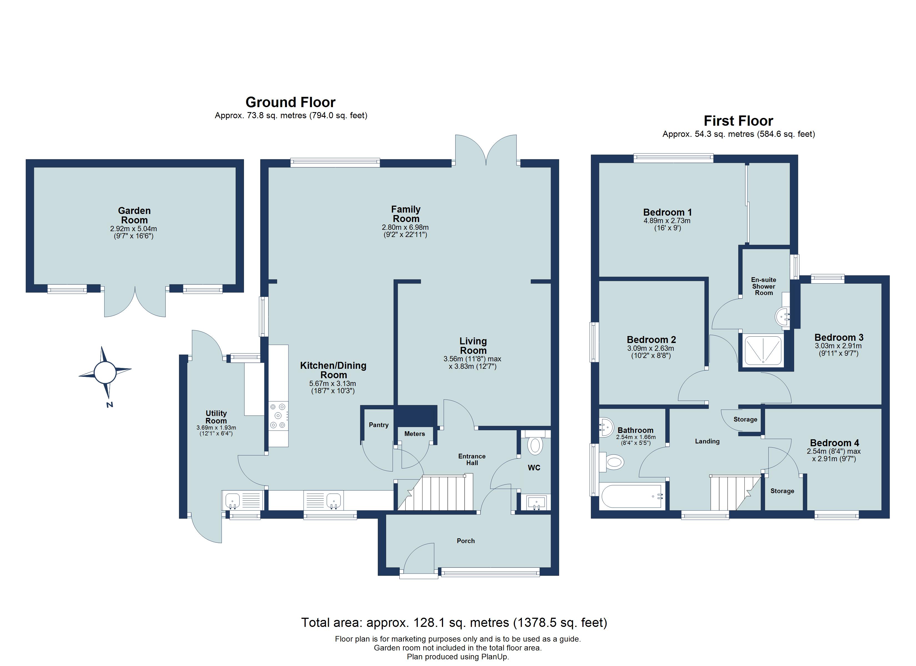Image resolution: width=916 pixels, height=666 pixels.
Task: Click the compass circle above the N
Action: click(x=105, y=372)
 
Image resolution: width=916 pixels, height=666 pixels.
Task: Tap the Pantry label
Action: click(x=378, y=425)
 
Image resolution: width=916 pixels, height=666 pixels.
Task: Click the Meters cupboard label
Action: click(x=414, y=434)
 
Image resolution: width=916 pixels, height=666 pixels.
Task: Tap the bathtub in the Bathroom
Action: click(x=631, y=496)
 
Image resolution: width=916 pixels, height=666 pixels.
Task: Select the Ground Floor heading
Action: click(x=290, y=102)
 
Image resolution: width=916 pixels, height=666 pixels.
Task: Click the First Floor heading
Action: click(x=738, y=121)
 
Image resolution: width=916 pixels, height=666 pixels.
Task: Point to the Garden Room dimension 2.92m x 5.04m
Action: click(x=134, y=229)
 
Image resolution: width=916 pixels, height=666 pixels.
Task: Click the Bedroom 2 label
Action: click(x=651, y=340)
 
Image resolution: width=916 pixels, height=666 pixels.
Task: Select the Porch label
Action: click(x=466, y=541)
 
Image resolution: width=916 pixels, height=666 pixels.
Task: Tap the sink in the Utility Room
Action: click(x=233, y=500)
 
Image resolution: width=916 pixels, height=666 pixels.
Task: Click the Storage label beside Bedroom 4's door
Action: click(x=782, y=491)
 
